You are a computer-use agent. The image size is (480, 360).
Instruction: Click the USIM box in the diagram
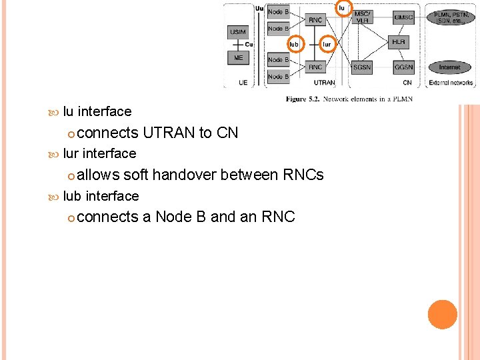(x=237, y=32)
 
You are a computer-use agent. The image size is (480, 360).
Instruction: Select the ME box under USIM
(x=238, y=58)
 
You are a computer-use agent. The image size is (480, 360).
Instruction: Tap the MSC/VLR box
(x=363, y=17)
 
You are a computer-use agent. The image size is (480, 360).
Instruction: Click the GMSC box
(x=403, y=17)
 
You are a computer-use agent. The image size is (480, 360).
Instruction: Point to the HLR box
(x=399, y=42)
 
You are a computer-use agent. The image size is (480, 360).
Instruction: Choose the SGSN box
(x=363, y=67)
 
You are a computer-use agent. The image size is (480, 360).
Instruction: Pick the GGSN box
(x=403, y=67)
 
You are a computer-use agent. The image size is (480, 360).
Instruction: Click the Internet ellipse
(x=449, y=67)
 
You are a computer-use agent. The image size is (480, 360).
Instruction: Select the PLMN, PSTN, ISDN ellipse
(x=451, y=17)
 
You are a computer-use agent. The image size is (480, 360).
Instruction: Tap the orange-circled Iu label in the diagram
(x=343, y=8)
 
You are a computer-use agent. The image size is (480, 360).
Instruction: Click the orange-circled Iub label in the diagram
(x=294, y=45)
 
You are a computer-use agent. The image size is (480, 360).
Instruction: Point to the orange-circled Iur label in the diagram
(x=327, y=45)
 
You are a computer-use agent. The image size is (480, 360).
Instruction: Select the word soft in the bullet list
(x=135, y=175)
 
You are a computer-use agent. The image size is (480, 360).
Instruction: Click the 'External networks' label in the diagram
(x=451, y=83)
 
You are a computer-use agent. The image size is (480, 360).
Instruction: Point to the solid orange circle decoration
(x=443, y=315)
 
